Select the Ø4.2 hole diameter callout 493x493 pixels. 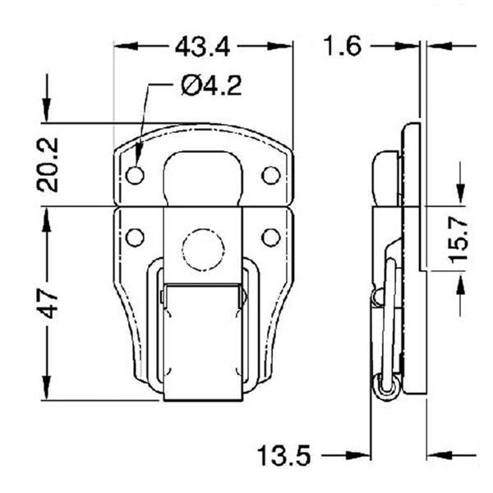[211, 86]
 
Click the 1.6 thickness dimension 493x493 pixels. [342, 46]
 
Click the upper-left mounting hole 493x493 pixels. [136, 175]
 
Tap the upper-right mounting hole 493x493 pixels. [270, 175]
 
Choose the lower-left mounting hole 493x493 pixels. [136, 237]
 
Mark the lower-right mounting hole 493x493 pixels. [270, 237]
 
